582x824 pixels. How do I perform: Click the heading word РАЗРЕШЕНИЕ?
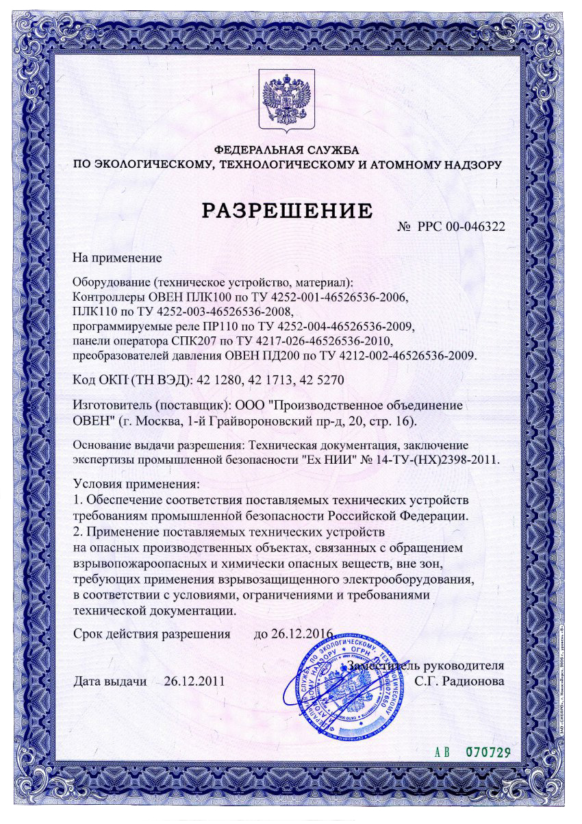click(287, 209)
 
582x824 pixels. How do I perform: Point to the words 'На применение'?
click(116, 258)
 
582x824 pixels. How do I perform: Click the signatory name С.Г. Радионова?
click(460, 681)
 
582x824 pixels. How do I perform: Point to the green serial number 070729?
click(488, 751)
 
